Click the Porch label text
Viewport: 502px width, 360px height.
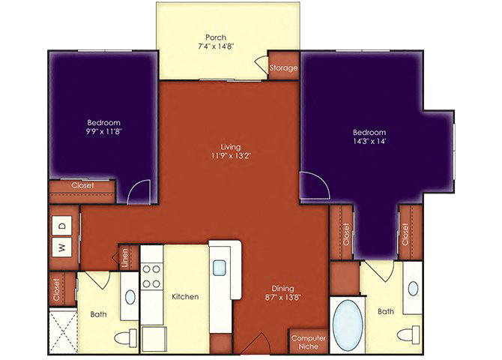pyautogui.click(x=216, y=37)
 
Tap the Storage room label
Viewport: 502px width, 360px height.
pyautogui.click(x=283, y=68)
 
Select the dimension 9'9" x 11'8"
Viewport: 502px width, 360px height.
pyautogui.click(x=103, y=131)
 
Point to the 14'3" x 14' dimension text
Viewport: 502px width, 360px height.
pyautogui.click(x=369, y=141)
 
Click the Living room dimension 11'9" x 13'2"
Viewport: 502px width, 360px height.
pyautogui.click(x=231, y=156)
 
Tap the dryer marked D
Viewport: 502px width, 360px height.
pyautogui.click(x=62, y=226)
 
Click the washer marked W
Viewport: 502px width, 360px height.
pyautogui.click(x=62, y=247)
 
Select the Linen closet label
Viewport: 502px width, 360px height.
pyautogui.click(x=125, y=258)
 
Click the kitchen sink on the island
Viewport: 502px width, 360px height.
pyautogui.click(x=220, y=267)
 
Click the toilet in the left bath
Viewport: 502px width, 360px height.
pyautogui.click(x=126, y=337)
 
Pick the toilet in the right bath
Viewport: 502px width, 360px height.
pyautogui.click(x=408, y=334)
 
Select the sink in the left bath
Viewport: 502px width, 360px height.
pyautogui.click(x=130, y=297)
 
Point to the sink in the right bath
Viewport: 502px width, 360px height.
pyautogui.click(x=413, y=289)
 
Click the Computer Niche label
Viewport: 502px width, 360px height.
pyautogui.click(x=309, y=342)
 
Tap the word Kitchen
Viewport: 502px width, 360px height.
pyautogui.click(x=185, y=296)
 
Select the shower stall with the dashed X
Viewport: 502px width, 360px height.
pyautogui.click(x=63, y=331)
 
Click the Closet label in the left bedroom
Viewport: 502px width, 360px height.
pyautogui.click(x=82, y=185)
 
